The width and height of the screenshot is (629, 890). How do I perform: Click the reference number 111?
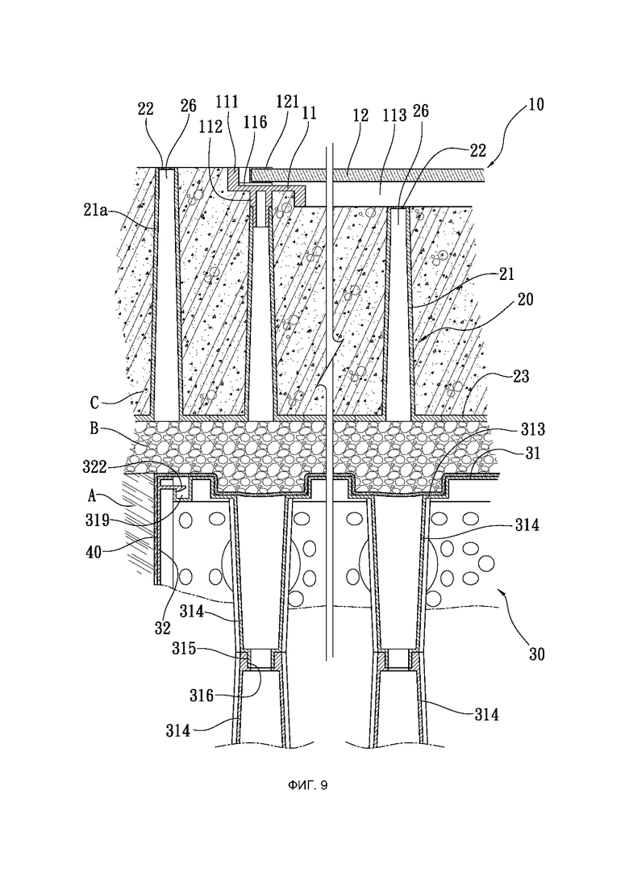(x=227, y=102)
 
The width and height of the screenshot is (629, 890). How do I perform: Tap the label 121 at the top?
(x=287, y=102)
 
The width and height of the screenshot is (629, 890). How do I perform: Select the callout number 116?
(x=256, y=122)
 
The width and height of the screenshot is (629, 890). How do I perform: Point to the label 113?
(x=395, y=115)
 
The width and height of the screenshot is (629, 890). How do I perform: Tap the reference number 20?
(x=525, y=299)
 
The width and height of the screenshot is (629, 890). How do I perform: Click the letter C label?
(x=95, y=402)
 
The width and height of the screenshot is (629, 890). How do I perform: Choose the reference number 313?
(x=533, y=430)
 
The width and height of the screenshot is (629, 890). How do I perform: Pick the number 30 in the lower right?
(x=536, y=654)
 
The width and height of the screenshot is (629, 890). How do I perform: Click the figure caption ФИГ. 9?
(x=307, y=786)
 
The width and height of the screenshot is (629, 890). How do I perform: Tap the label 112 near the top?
(x=211, y=127)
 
